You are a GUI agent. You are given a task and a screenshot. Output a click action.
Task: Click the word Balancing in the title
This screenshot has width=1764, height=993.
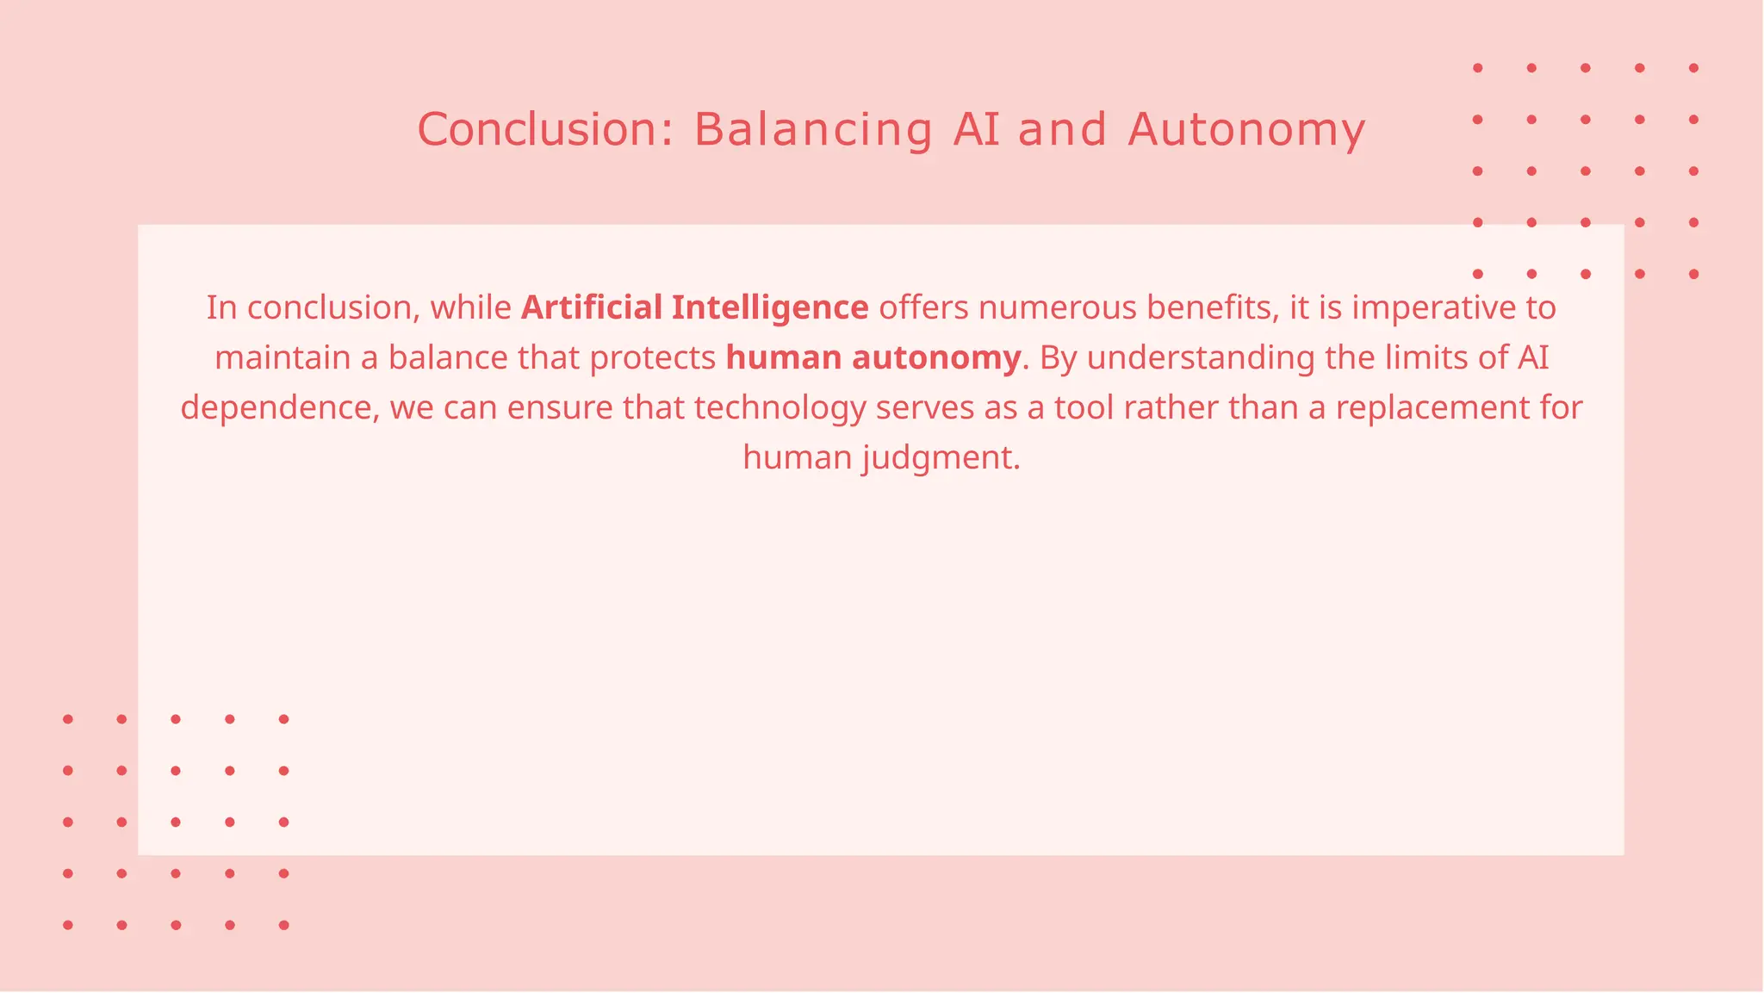[812, 130]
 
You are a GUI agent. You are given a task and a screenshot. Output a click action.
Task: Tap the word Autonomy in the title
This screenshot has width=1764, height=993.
[1246, 130]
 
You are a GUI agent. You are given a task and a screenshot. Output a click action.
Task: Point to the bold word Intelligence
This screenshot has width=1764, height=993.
[770, 307]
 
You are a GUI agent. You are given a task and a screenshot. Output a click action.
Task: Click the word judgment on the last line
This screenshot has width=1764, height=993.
[941, 457]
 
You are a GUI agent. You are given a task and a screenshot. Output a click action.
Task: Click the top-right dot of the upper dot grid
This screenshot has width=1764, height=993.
[1693, 68]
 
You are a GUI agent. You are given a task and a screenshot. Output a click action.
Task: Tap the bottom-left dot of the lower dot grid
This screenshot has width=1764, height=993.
[68, 925]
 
